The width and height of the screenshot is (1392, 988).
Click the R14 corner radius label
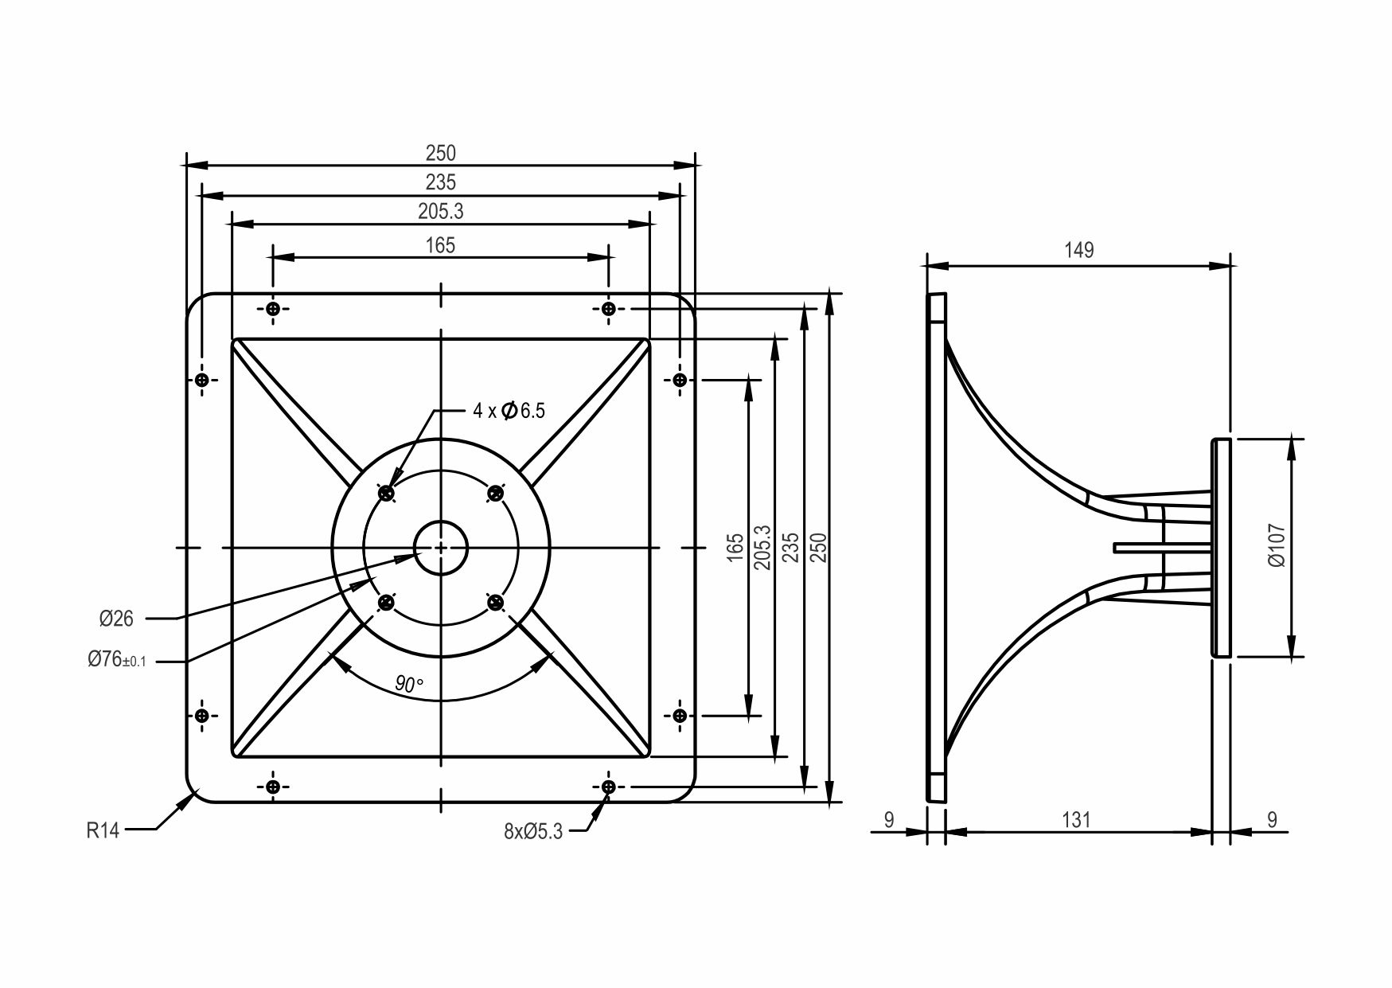click(x=103, y=831)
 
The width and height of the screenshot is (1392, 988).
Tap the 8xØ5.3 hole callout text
click(x=533, y=832)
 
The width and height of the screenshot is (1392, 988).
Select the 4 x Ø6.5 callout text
click(x=509, y=411)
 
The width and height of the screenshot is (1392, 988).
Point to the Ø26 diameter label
click(x=116, y=618)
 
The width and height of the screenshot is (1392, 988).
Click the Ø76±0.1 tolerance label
click(x=117, y=660)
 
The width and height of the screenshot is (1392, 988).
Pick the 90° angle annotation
click(x=409, y=683)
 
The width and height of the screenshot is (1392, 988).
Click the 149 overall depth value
click(x=1079, y=250)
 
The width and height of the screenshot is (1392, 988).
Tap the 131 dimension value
click(x=1077, y=819)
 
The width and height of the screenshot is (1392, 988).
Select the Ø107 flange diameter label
click(x=1277, y=545)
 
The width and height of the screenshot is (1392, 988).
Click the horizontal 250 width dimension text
click(x=440, y=153)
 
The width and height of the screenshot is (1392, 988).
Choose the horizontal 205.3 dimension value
click(x=440, y=212)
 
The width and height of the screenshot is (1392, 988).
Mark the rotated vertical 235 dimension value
click(x=790, y=547)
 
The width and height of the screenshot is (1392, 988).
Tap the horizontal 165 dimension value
click(x=440, y=245)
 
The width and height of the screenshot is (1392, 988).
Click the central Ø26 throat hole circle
click(x=441, y=548)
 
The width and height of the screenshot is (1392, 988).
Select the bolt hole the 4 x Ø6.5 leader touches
click(x=387, y=494)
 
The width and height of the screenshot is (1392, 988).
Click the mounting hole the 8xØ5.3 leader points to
click(x=608, y=787)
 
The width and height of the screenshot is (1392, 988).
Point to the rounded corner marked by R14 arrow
click(x=196, y=793)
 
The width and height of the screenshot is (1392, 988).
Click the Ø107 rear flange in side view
click(x=1221, y=548)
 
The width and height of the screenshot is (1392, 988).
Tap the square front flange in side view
click(x=937, y=548)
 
